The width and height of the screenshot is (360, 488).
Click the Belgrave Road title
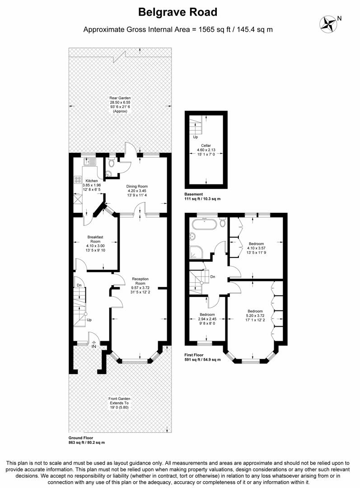pyautogui.click(x=178, y=12)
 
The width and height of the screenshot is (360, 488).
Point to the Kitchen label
pyautogui.click(x=92, y=185)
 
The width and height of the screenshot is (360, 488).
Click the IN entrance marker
pyautogui.click(x=94, y=346)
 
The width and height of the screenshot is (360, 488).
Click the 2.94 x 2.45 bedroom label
pyautogui.click(x=207, y=319)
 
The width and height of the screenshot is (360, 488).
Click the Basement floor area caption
pyautogui.click(x=202, y=197)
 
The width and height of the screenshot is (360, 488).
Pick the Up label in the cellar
pyautogui.click(x=195, y=137)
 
